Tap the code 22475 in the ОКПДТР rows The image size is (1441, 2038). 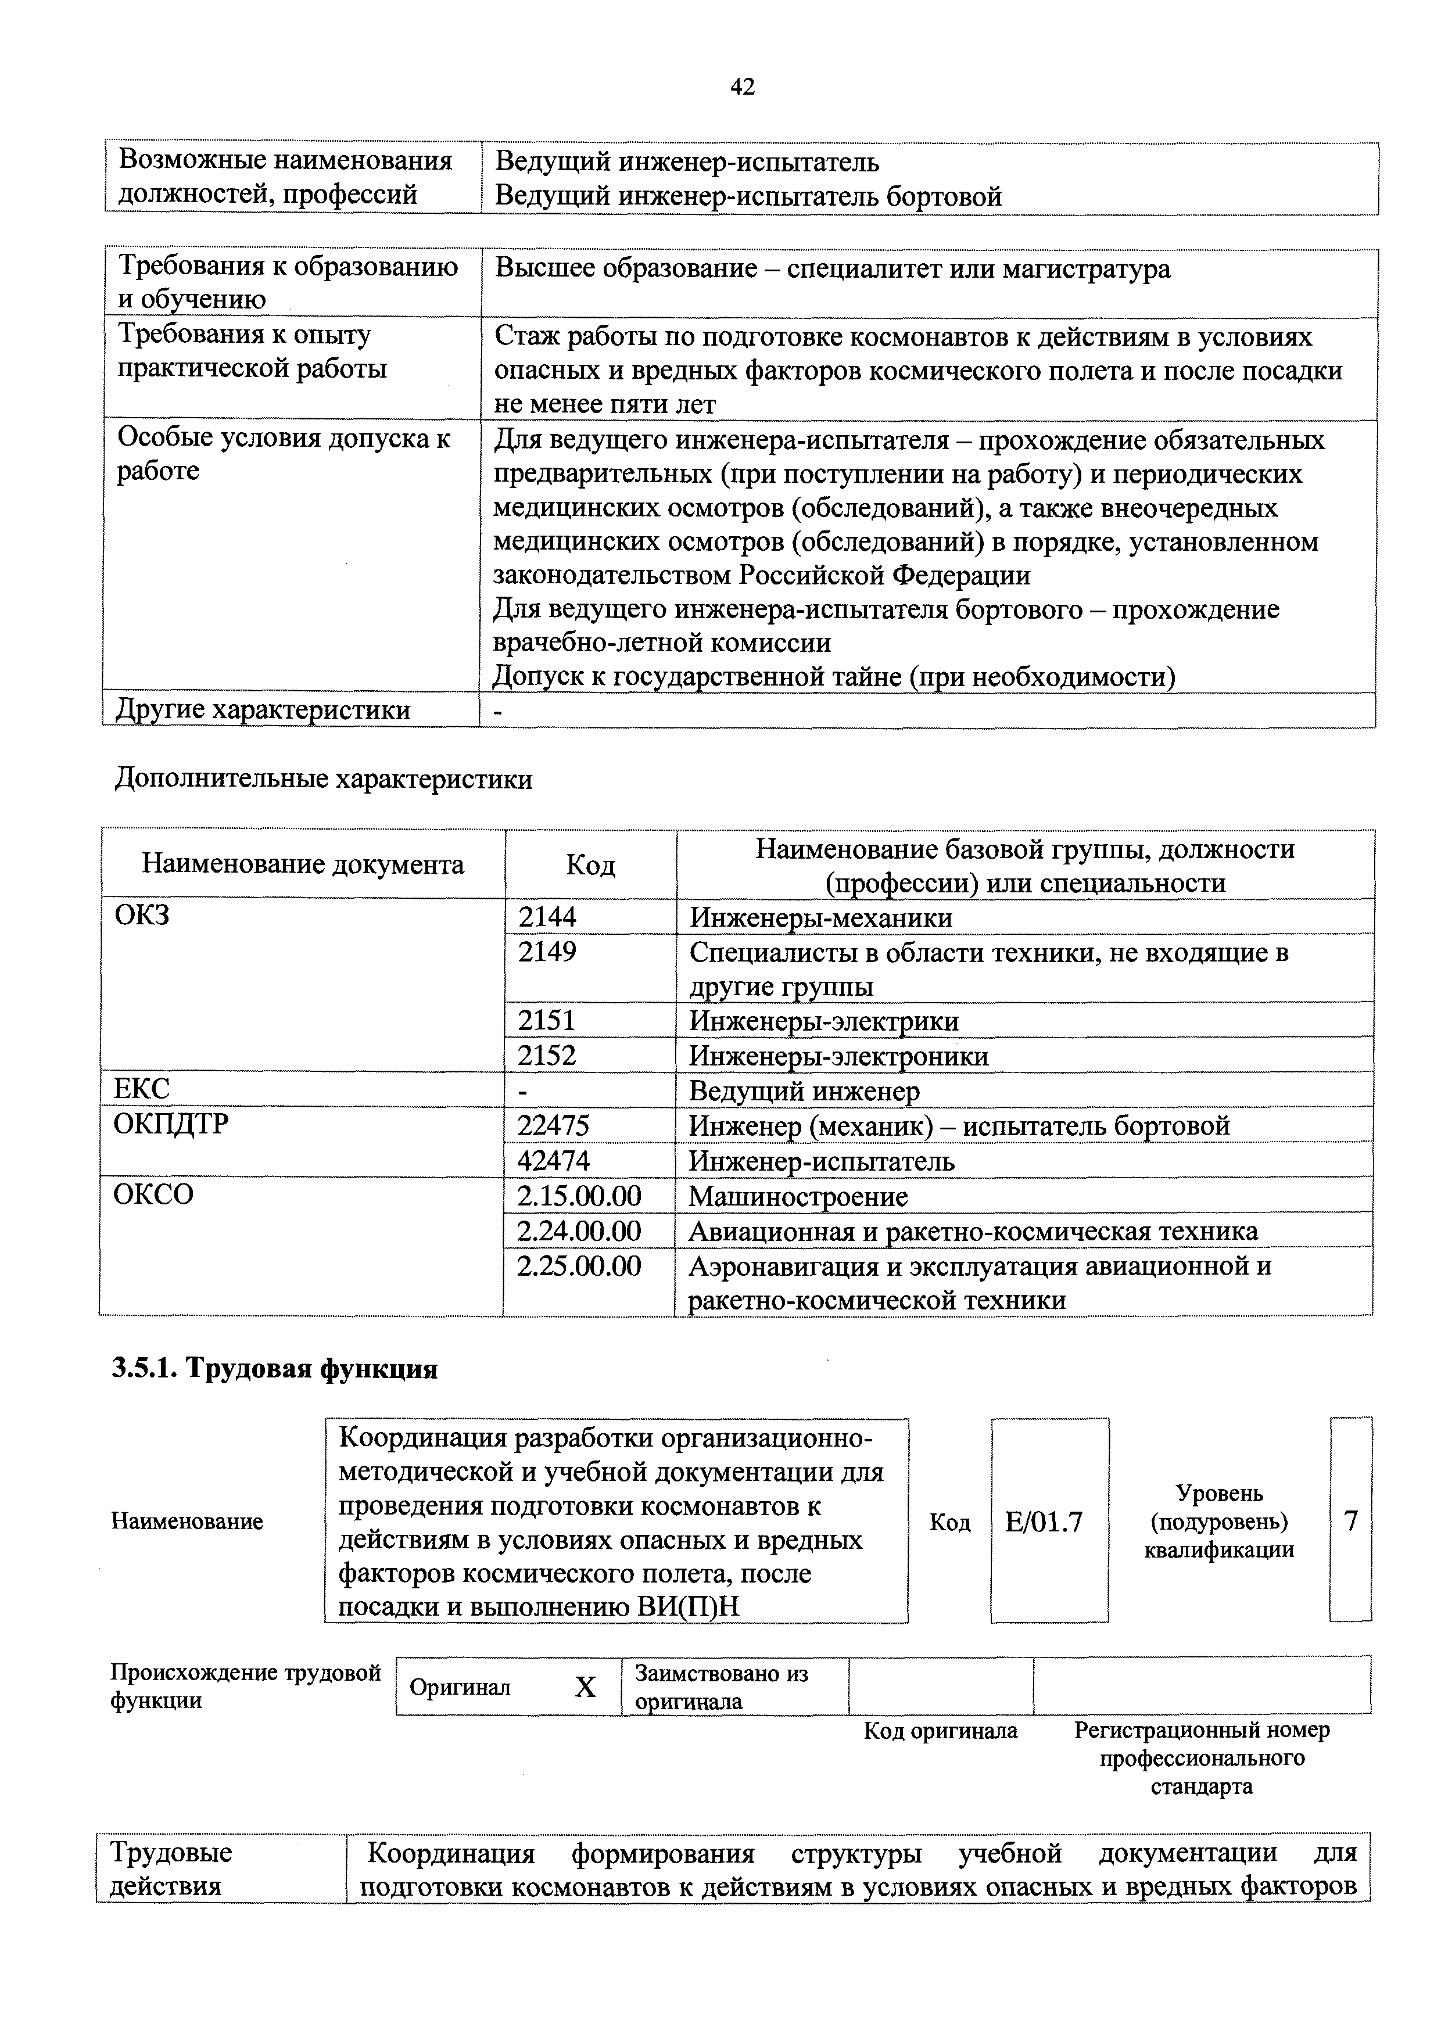(x=553, y=1125)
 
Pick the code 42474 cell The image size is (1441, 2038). (x=553, y=1161)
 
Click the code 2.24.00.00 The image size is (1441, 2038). (x=579, y=1231)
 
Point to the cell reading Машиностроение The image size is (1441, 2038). (x=798, y=1197)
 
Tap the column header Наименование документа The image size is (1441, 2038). (x=303, y=864)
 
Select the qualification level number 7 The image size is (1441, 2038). (x=1350, y=1522)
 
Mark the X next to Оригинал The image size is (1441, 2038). (x=585, y=1687)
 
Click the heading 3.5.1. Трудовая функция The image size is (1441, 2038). (x=275, y=1370)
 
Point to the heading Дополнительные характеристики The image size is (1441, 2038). (x=324, y=779)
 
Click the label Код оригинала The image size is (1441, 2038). (x=940, y=1731)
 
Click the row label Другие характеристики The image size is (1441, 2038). (x=264, y=710)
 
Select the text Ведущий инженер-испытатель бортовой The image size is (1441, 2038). (x=748, y=196)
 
